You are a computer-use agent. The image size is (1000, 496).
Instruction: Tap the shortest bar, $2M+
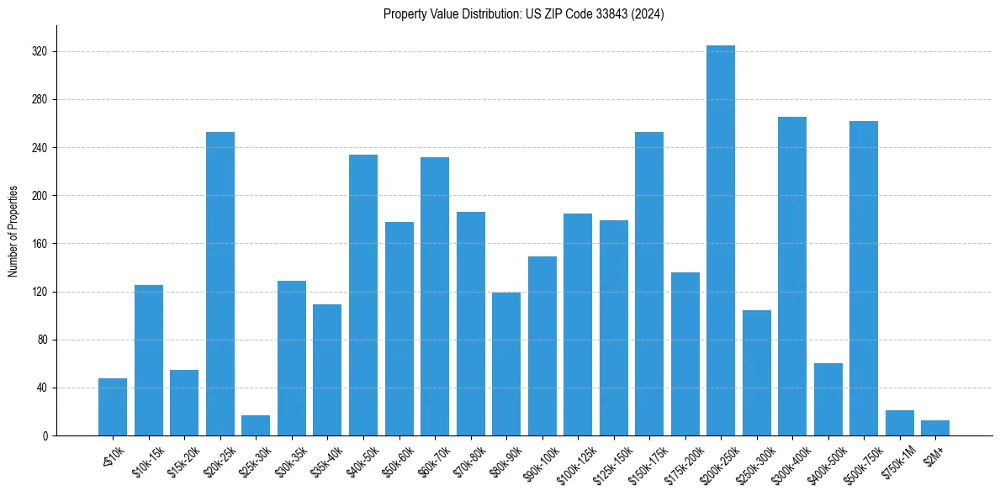click(934, 429)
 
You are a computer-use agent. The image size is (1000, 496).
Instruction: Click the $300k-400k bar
click(791, 277)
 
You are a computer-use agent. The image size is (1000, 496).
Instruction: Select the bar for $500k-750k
click(863, 278)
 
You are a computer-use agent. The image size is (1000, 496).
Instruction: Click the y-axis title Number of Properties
click(13, 230)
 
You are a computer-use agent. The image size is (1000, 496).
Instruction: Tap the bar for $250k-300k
click(756, 373)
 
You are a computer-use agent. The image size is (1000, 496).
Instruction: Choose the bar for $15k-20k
click(184, 403)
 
